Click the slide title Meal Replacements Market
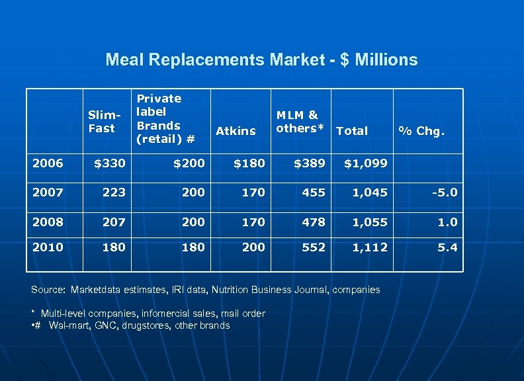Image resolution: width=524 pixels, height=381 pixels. pos(261,60)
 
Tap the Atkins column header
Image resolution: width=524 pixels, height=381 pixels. pos(236,131)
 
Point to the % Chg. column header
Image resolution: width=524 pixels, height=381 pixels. pos(421,131)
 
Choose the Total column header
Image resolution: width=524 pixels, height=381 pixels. pos(352,131)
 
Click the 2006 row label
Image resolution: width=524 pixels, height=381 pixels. pos(48,163)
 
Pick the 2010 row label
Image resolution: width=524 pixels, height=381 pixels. pos(48,247)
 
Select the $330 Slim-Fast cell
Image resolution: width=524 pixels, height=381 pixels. pos(109,163)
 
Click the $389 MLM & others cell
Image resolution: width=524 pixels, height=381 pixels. pos(309,163)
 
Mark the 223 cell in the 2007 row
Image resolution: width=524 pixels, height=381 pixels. pos(114,192)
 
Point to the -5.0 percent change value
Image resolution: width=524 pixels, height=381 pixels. pos(443,192)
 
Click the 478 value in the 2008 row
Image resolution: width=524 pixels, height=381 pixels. pos(314,222)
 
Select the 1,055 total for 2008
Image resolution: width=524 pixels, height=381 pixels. pos(370,222)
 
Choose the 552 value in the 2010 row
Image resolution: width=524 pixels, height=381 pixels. pos(314,247)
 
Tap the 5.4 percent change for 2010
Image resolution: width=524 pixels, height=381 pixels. pos(447,247)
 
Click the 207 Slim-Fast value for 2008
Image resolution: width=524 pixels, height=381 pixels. pos(114,222)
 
